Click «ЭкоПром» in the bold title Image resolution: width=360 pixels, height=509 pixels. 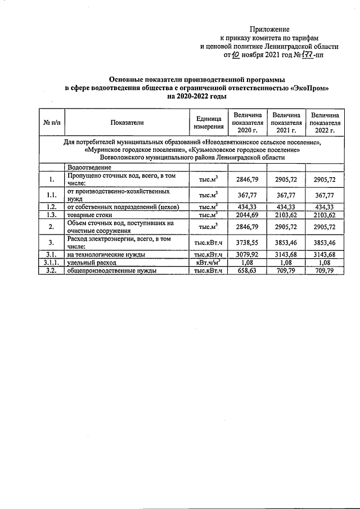pos(308,88)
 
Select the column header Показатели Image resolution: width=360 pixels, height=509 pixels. pos(127,122)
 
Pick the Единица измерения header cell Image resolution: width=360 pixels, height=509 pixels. pos(208,122)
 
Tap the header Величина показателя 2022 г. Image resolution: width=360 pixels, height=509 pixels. pos(325,122)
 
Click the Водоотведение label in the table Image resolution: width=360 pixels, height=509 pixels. pos(89,168)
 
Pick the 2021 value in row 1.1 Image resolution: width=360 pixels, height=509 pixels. pos(286,195)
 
